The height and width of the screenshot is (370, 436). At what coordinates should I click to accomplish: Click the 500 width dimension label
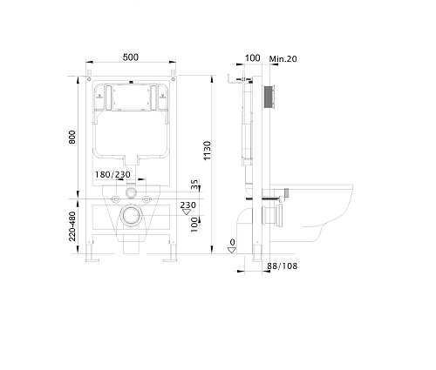pos(131,57)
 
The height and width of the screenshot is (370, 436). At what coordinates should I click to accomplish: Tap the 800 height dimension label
pos(72,137)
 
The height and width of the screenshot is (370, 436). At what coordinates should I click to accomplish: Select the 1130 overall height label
pos(207,151)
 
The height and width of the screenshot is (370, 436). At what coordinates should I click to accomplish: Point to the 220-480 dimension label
pos(72,226)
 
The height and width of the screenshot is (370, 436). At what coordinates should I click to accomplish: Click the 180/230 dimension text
pos(112,175)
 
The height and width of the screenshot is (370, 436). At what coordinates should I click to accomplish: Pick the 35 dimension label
pos(194,185)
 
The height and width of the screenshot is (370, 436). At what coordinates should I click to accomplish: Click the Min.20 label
pos(283,59)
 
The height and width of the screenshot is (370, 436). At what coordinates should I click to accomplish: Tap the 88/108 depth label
pos(282,266)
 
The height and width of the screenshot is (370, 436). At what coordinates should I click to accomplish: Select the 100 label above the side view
pos(252,58)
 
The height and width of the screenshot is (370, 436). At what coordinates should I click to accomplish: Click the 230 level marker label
pos(187,205)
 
